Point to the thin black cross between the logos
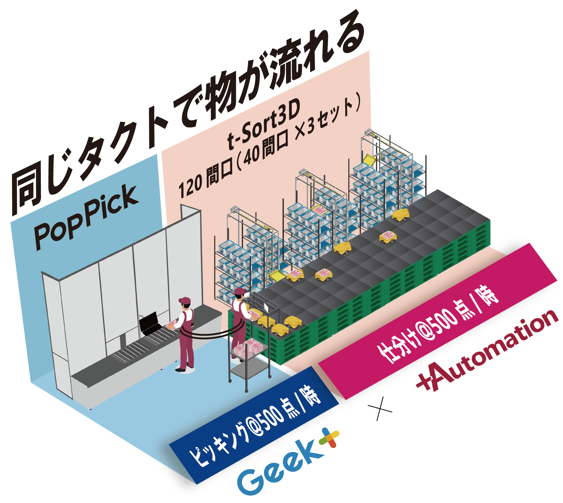click(x=380, y=408)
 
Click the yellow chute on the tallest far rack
click(x=369, y=160)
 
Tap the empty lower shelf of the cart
click(x=249, y=368)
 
